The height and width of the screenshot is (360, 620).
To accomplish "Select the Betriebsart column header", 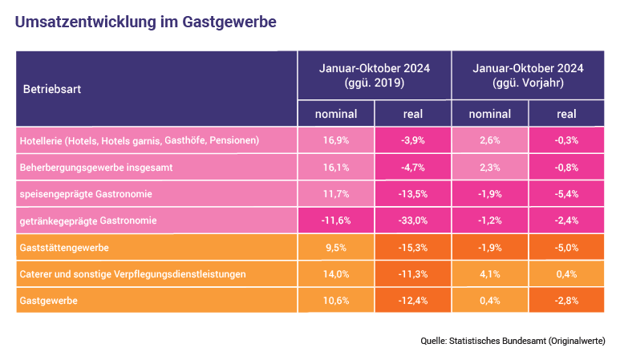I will (x=52, y=89).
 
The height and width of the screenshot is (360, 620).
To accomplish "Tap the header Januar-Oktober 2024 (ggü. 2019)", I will (x=374, y=75).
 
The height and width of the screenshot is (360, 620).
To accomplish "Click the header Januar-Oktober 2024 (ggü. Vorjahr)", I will (x=529, y=75).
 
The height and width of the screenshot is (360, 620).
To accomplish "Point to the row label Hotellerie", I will (x=139, y=140).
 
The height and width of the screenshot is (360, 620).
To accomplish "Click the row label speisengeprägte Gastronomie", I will (x=85, y=193).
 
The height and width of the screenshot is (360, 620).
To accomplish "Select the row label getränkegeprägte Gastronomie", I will (x=87, y=220).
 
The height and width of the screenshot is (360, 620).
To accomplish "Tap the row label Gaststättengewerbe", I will (x=63, y=247).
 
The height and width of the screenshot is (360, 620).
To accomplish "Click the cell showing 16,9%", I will (x=336, y=140).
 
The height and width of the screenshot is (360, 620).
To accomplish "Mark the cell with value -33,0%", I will (x=412, y=220).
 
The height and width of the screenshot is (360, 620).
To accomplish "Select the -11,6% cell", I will (x=336, y=220).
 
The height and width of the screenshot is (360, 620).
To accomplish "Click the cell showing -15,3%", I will (x=412, y=247).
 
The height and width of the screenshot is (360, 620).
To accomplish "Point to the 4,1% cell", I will (x=489, y=273).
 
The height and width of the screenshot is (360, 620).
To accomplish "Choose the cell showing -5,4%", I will (x=566, y=193).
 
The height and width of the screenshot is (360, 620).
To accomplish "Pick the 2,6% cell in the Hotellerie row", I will (x=489, y=140).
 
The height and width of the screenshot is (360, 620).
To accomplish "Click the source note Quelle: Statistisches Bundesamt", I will (x=513, y=341).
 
